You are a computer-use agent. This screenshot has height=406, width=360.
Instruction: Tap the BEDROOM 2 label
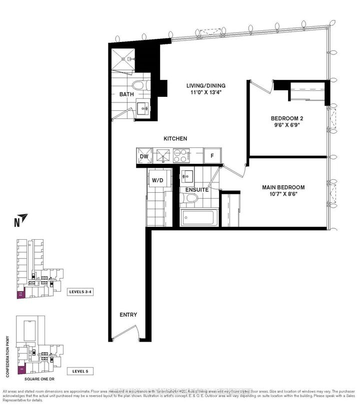tap(287, 118)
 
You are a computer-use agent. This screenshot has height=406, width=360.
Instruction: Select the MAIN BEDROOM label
tap(283, 188)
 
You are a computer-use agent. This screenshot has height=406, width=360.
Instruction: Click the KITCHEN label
tap(174, 138)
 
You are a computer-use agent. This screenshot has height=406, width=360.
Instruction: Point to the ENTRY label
tap(128, 315)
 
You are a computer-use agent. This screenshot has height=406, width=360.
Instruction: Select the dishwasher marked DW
tap(144, 156)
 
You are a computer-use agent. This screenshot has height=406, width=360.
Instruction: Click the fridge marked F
tap(212, 156)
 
